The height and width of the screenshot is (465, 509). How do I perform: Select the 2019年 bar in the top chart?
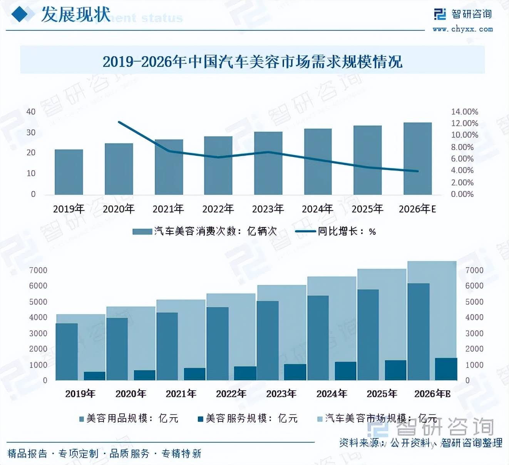point(69,172)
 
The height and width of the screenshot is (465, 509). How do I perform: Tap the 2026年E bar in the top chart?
point(417,159)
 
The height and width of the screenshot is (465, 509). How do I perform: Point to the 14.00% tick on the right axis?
point(464,112)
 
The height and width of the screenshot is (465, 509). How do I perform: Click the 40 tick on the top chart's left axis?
point(31,112)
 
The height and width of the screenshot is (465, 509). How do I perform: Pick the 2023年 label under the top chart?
point(268,209)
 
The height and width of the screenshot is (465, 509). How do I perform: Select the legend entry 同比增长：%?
point(335,231)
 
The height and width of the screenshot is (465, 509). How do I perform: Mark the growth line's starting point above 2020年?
point(119,122)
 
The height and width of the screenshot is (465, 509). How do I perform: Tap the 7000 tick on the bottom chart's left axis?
point(38,270)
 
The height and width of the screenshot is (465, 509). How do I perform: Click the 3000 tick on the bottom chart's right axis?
point(474,333)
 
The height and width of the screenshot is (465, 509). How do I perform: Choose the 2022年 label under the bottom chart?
point(231,394)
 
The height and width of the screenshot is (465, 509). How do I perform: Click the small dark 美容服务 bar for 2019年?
point(94,376)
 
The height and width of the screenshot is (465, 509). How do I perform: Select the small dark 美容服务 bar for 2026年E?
point(446,369)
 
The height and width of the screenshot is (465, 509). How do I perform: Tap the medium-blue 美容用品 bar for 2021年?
point(167,346)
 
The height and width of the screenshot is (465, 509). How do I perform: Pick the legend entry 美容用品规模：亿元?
point(129,418)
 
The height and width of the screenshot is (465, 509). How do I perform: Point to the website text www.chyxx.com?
point(462,29)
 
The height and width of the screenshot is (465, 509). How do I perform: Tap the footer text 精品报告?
point(27,453)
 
